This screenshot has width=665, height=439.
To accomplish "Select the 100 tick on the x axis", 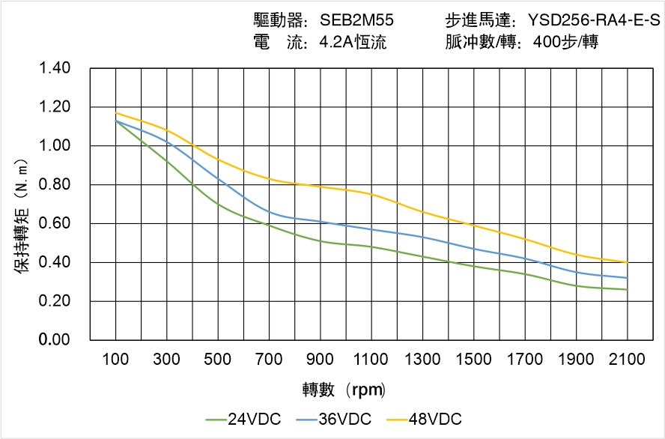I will (115, 360).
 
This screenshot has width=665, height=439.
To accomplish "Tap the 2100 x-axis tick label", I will (627, 360).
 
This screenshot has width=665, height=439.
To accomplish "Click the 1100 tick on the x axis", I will (371, 360).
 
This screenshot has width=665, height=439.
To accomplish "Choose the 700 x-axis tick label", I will (269, 360).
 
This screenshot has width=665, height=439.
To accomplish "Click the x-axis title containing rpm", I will (344, 390).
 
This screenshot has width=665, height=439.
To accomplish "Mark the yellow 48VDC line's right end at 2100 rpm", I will (627, 262).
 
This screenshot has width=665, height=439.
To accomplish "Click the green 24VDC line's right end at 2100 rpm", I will (627, 289).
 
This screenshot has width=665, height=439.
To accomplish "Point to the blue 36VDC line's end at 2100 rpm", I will (627, 278).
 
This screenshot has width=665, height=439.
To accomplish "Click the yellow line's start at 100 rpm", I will (116, 113).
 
